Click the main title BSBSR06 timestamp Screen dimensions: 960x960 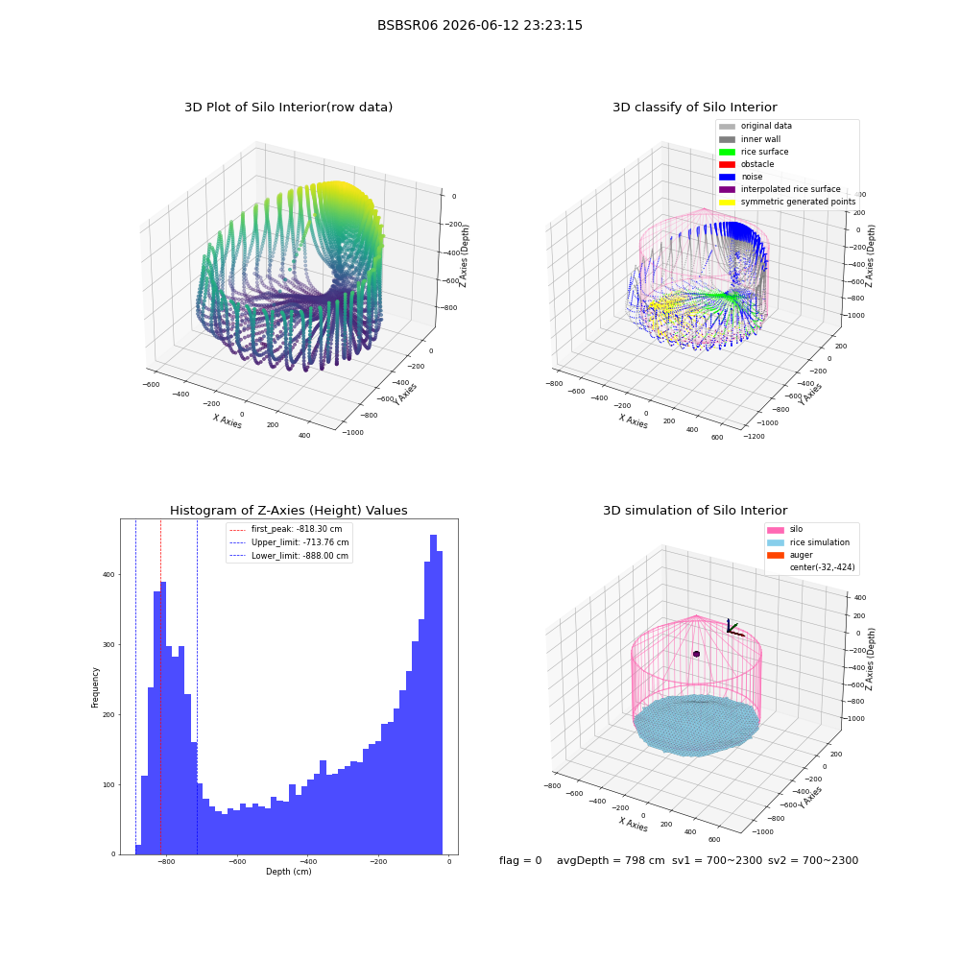(479, 25)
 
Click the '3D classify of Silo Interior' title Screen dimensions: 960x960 (695, 108)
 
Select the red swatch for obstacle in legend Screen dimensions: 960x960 (727, 164)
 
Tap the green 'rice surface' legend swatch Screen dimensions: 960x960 (727, 152)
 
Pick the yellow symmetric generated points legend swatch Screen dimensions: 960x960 (727, 202)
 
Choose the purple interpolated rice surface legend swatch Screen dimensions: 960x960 (727, 189)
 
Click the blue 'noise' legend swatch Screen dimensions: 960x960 (727, 177)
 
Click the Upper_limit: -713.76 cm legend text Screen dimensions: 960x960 (300, 542)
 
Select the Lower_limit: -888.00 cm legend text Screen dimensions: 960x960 (300, 556)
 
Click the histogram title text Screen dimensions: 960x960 (288, 511)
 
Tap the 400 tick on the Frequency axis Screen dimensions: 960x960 (108, 575)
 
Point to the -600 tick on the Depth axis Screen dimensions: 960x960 (237, 861)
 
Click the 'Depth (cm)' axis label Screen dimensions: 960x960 (288, 872)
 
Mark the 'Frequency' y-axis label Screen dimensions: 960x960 (95, 687)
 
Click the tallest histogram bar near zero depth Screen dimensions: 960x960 (434, 694)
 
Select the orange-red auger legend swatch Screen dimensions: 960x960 (776, 555)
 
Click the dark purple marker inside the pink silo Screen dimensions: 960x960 (696, 654)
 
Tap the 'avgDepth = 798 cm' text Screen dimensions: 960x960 (611, 860)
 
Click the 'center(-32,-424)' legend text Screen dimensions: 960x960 (823, 567)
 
